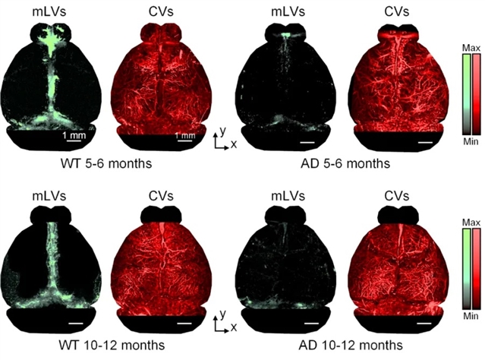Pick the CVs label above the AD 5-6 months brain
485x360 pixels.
click(x=395, y=12)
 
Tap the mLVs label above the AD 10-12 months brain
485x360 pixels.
click(x=284, y=195)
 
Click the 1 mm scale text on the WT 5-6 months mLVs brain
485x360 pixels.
click(x=73, y=136)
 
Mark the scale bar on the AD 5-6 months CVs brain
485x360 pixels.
click(x=423, y=142)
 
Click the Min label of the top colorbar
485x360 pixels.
click(x=471, y=140)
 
